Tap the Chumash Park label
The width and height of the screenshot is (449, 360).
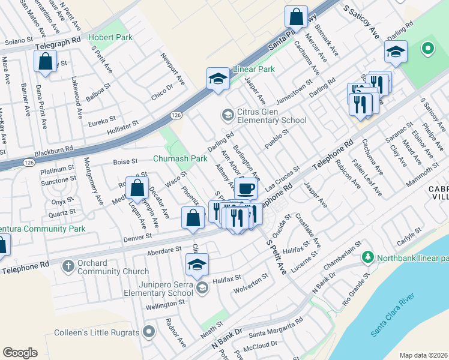(180, 158)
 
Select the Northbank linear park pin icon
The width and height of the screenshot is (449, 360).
(368, 257)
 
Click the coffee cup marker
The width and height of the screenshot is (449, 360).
(246, 188)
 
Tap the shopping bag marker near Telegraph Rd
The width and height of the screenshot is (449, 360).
(46, 61)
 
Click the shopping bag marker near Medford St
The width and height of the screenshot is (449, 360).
(137, 187)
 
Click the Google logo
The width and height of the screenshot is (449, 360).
(20, 353)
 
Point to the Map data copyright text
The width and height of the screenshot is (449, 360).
(423, 355)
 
